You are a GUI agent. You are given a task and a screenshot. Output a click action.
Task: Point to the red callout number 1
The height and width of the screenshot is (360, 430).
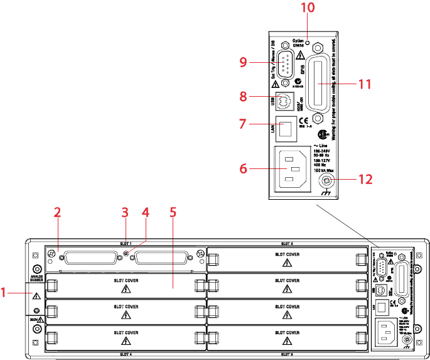tap(5, 292)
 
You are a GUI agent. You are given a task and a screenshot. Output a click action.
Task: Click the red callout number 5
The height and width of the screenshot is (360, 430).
tap(173, 212)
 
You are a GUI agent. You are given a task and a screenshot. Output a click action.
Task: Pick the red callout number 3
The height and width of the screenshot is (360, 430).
tap(126, 212)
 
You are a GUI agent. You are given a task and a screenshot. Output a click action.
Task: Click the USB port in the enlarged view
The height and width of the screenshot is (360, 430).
tap(286, 99)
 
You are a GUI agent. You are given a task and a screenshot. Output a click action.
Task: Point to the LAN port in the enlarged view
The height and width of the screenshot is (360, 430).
tap(286, 129)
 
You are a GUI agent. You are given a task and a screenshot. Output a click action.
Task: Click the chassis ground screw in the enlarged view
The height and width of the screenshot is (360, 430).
tap(327, 182)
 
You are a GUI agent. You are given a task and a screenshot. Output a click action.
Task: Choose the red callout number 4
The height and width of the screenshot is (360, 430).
tap(146, 212)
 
